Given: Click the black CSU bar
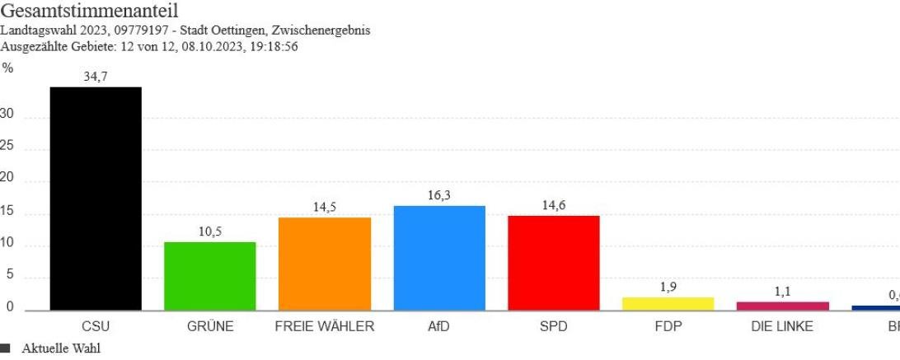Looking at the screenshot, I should (95, 198).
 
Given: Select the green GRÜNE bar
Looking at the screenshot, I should (209, 276).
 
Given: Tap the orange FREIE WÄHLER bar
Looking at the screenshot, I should (325, 264).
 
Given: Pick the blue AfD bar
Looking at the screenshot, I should (439, 258).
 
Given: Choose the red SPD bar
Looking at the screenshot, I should (553, 263).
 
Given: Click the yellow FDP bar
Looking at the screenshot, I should (668, 303).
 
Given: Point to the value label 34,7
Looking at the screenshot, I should (95, 76).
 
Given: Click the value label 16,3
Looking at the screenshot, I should (439, 194).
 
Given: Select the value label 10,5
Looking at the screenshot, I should (209, 231).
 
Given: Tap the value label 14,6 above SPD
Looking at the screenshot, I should (553, 205).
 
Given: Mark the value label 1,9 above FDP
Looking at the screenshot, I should (668, 287).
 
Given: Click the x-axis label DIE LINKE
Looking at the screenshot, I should (782, 326).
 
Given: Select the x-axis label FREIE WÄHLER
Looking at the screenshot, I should (325, 326).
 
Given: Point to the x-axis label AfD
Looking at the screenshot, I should (439, 326).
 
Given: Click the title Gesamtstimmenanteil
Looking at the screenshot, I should (89, 12).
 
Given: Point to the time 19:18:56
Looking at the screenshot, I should (272, 47).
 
